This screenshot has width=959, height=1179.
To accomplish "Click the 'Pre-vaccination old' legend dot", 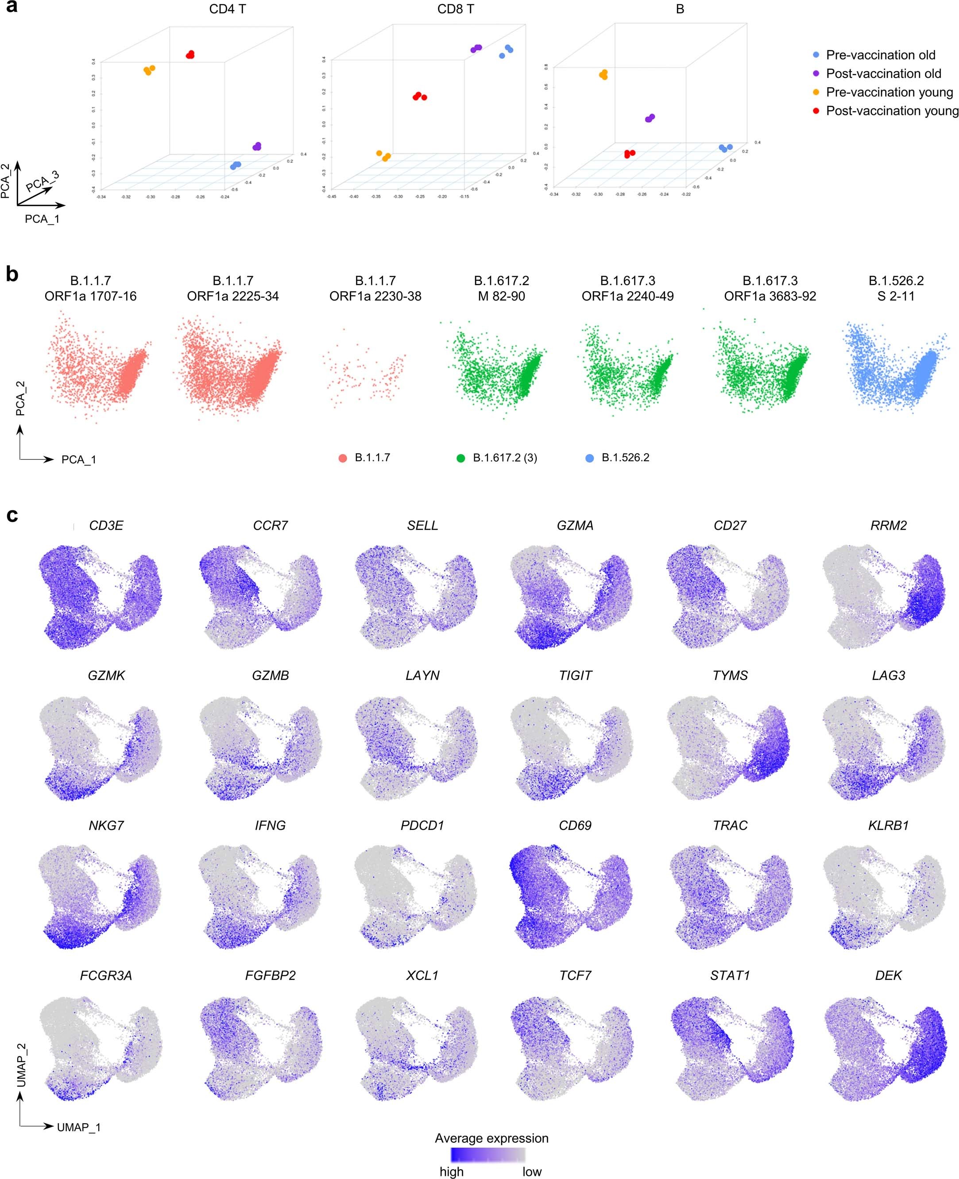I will click(816, 55).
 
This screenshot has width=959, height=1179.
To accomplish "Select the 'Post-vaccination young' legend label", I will click(892, 111).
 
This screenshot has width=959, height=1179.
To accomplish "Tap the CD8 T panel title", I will click(455, 9).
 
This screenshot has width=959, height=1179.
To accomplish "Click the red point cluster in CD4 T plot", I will click(190, 54).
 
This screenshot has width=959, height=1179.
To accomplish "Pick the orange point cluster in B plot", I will click(603, 74).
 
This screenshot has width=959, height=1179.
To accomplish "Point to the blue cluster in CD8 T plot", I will click(506, 51).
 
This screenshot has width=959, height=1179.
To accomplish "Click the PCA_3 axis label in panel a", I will click(43, 181).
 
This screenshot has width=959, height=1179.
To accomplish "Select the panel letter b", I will click(12, 274).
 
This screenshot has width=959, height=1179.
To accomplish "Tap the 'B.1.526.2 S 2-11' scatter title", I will click(896, 288).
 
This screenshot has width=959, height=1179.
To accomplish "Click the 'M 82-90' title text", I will click(502, 297).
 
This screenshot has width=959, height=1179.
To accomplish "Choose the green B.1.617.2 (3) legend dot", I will click(461, 458).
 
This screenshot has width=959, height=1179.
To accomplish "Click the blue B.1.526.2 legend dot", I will click(589, 458).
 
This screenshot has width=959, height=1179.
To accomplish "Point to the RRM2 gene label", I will click(888, 526).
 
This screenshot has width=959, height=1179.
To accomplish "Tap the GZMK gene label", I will click(106, 675).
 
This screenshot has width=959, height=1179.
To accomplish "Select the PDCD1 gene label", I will click(422, 825).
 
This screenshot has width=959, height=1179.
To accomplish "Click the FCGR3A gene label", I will click(106, 976).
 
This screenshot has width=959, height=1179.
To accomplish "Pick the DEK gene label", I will click(888, 976).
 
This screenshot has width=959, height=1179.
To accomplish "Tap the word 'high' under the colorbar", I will click(451, 1172).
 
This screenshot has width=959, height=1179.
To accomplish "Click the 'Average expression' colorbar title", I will click(491, 1138).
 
